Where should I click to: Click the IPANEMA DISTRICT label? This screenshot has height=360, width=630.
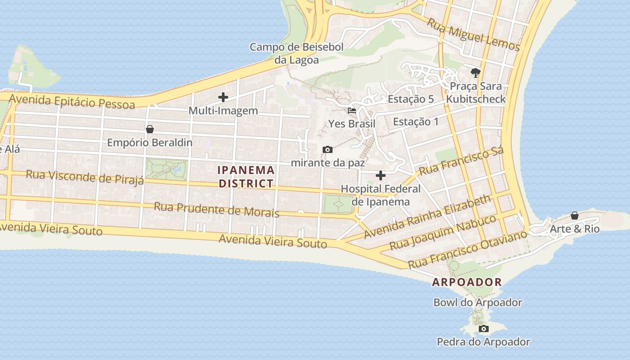point(246,176)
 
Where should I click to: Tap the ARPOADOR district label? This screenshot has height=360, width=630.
point(467,282)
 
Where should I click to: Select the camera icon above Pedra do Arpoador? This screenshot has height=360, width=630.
point(484,328)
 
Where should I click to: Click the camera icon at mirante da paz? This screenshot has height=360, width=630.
point(328,149)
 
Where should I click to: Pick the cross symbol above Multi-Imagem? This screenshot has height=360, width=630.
point(223,97)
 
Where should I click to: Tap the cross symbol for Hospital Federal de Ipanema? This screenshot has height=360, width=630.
point(381,175)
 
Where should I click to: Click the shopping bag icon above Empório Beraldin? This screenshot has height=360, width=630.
point(150,129)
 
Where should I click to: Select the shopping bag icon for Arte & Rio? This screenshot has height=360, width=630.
point(575,216)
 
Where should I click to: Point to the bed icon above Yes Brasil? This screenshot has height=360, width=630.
point(352,110)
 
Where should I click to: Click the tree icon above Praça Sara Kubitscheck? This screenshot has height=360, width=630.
point(475,72)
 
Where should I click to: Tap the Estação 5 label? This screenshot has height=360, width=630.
point(410,99)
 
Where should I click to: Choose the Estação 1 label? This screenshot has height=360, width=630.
point(415,121)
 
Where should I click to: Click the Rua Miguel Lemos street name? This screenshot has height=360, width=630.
point(473,35)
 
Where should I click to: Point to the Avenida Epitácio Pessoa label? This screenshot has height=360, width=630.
point(72,102)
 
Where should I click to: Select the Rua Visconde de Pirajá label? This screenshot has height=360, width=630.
point(85,177)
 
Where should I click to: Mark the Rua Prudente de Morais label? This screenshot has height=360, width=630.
point(216,210)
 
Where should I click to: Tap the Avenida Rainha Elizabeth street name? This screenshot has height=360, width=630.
point(427,216)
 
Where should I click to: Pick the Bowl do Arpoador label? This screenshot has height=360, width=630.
point(477,302)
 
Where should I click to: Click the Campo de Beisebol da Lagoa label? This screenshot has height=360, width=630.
point(297,53)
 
